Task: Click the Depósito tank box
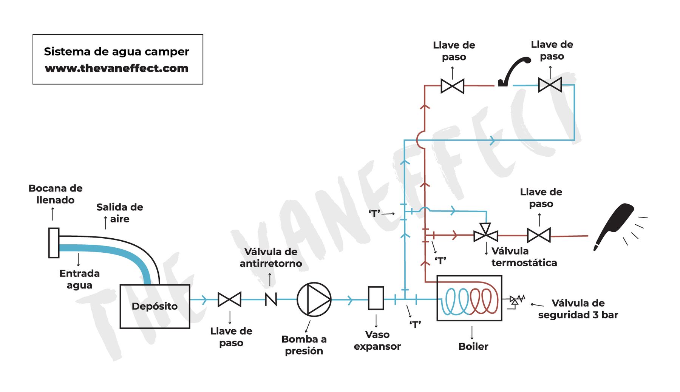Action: [x=155, y=306]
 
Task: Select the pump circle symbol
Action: [x=314, y=299]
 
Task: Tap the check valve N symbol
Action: [x=271, y=299]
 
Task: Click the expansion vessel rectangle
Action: [x=376, y=298]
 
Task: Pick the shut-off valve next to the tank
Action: [x=229, y=299]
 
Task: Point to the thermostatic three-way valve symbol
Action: [x=486, y=233]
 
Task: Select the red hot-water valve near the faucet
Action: [x=452, y=86]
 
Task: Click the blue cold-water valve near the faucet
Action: [x=550, y=85]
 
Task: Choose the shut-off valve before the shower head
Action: [x=539, y=235]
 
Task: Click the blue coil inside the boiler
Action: [x=456, y=301]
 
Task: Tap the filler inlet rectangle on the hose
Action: [x=54, y=243]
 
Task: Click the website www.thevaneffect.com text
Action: [x=116, y=68]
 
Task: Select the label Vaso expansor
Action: [x=377, y=340]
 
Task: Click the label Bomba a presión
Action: [x=304, y=345]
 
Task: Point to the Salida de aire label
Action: [x=120, y=213]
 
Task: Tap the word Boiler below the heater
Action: [x=473, y=346]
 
